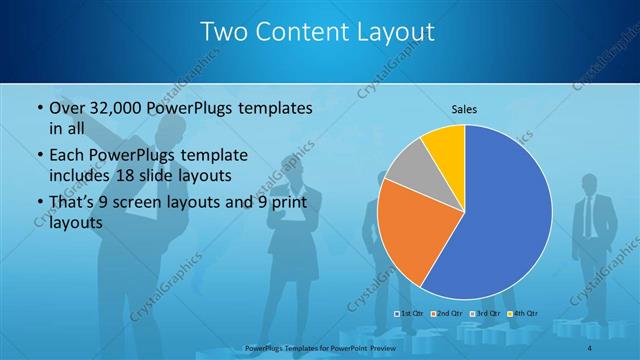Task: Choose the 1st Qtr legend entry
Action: click(x=410, y=314)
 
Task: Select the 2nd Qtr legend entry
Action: click(x=447, y=314)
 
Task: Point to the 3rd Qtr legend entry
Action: click(x=484, y=314)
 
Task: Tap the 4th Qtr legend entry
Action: click(x=521, y=314)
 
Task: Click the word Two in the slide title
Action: click(x=223, y=32)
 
